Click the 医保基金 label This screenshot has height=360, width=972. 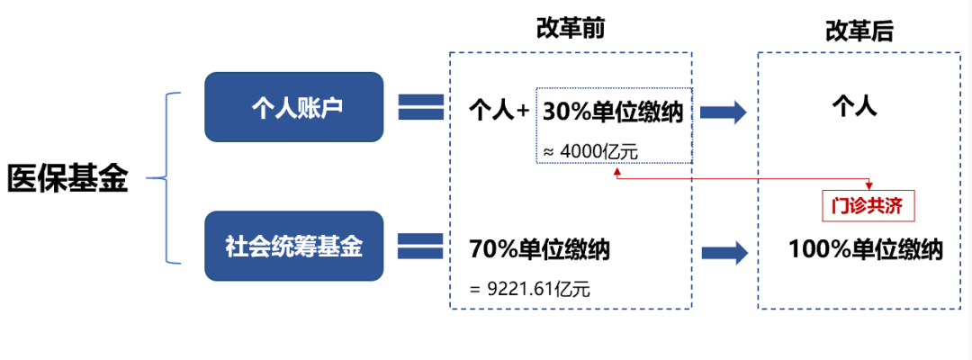(x=67, y=178)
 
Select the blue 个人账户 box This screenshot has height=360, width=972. (x=294, y=107)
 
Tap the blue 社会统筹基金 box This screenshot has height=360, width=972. (x=294, y=246)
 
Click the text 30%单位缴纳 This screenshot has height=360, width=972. (x=611, y=112)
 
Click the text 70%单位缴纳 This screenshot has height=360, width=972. (x=539, y=249)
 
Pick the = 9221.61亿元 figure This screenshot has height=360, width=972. (x=531, y=289)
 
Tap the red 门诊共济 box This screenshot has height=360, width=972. (x=868, y=206)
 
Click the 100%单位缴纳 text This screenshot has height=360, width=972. (x=865, y=249)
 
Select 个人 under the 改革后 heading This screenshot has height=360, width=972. (x=854, y=108)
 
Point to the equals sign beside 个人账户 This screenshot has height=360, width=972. (x=420, y=108)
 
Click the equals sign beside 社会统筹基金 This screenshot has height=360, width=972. (x=420, y=247)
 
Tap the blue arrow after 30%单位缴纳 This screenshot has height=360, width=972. (x=724, y=112)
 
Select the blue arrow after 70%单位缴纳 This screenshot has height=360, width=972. (x=724, y=251)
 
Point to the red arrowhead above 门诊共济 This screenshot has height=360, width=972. (x=869, y=184)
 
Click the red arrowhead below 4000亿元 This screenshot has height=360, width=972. (x=617, y=170)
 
